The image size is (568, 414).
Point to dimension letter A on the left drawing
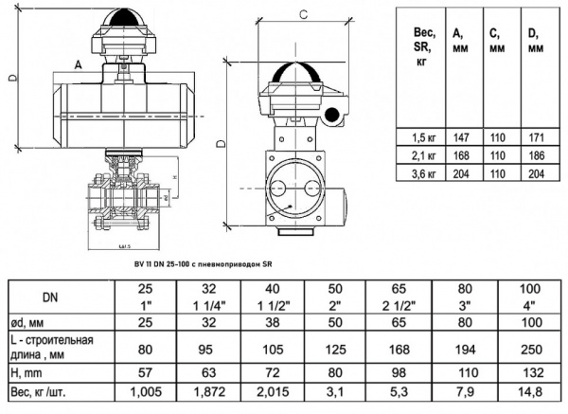(78, 63)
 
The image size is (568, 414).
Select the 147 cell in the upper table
(463, 135)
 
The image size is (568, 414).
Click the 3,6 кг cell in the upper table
(422, 172)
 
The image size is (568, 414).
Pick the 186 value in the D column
(536, 153)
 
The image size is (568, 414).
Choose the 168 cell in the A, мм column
(463, 153)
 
